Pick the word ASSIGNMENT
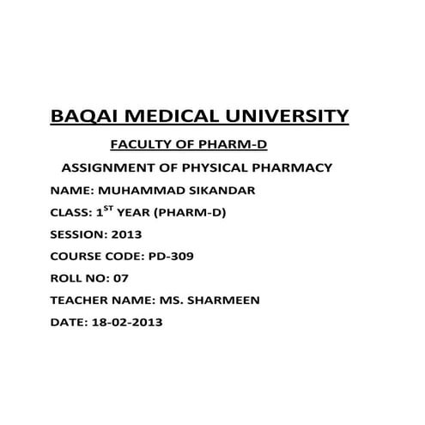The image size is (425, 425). pos(111,167)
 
